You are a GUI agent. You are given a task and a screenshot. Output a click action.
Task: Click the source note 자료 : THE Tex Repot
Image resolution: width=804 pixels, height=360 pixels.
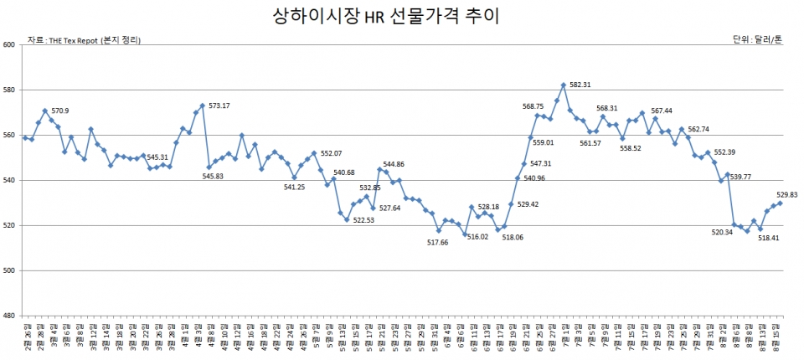pos(84,39)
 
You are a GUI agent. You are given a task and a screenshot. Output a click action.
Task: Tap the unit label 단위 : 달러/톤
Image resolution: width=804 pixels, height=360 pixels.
pos(757,39)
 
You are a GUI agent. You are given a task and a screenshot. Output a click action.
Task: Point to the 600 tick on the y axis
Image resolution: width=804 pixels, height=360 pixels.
pos(9,45)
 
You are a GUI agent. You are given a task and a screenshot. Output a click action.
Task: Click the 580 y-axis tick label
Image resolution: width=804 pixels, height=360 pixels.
pos(9,90)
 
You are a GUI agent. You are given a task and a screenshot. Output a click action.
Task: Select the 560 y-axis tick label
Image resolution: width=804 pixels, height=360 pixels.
pos(9,136)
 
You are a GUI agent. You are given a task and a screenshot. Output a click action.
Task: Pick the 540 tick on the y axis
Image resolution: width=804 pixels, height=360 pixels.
pos(9,181)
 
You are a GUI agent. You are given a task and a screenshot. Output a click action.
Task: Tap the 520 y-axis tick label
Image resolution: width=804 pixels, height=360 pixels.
pos(9,226)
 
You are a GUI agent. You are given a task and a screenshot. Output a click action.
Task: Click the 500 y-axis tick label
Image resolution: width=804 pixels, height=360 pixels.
pos(9,271)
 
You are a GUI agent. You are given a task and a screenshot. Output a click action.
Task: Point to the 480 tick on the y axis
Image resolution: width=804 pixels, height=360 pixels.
pos(9,316)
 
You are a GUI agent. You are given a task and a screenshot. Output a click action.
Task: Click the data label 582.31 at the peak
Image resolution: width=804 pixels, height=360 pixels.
pos(580,85)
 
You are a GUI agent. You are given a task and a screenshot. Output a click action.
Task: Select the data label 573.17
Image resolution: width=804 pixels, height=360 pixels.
pos(219,105)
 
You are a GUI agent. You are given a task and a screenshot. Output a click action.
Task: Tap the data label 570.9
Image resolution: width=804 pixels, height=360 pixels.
pos(60,111)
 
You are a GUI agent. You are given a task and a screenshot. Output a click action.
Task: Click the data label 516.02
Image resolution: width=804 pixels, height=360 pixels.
pos(477,238)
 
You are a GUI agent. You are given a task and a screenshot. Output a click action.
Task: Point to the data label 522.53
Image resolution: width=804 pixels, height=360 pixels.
pos(363,221)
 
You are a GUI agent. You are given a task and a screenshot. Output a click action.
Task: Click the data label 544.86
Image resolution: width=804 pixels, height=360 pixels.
pos(394,164)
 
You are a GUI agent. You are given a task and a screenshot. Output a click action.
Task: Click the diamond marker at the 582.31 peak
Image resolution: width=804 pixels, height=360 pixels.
pos(563,85)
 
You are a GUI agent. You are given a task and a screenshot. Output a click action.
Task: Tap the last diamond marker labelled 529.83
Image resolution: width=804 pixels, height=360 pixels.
pos(780,203)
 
